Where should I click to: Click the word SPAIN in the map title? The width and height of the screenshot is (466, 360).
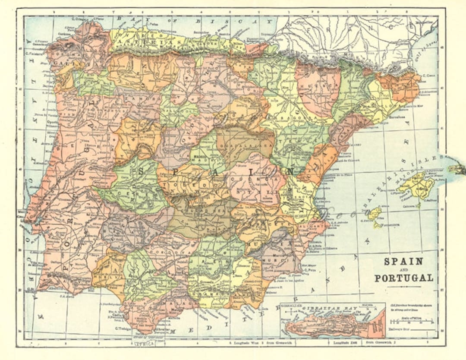(x=403, y=262)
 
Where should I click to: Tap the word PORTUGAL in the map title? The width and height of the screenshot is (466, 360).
(x=403, y=278)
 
